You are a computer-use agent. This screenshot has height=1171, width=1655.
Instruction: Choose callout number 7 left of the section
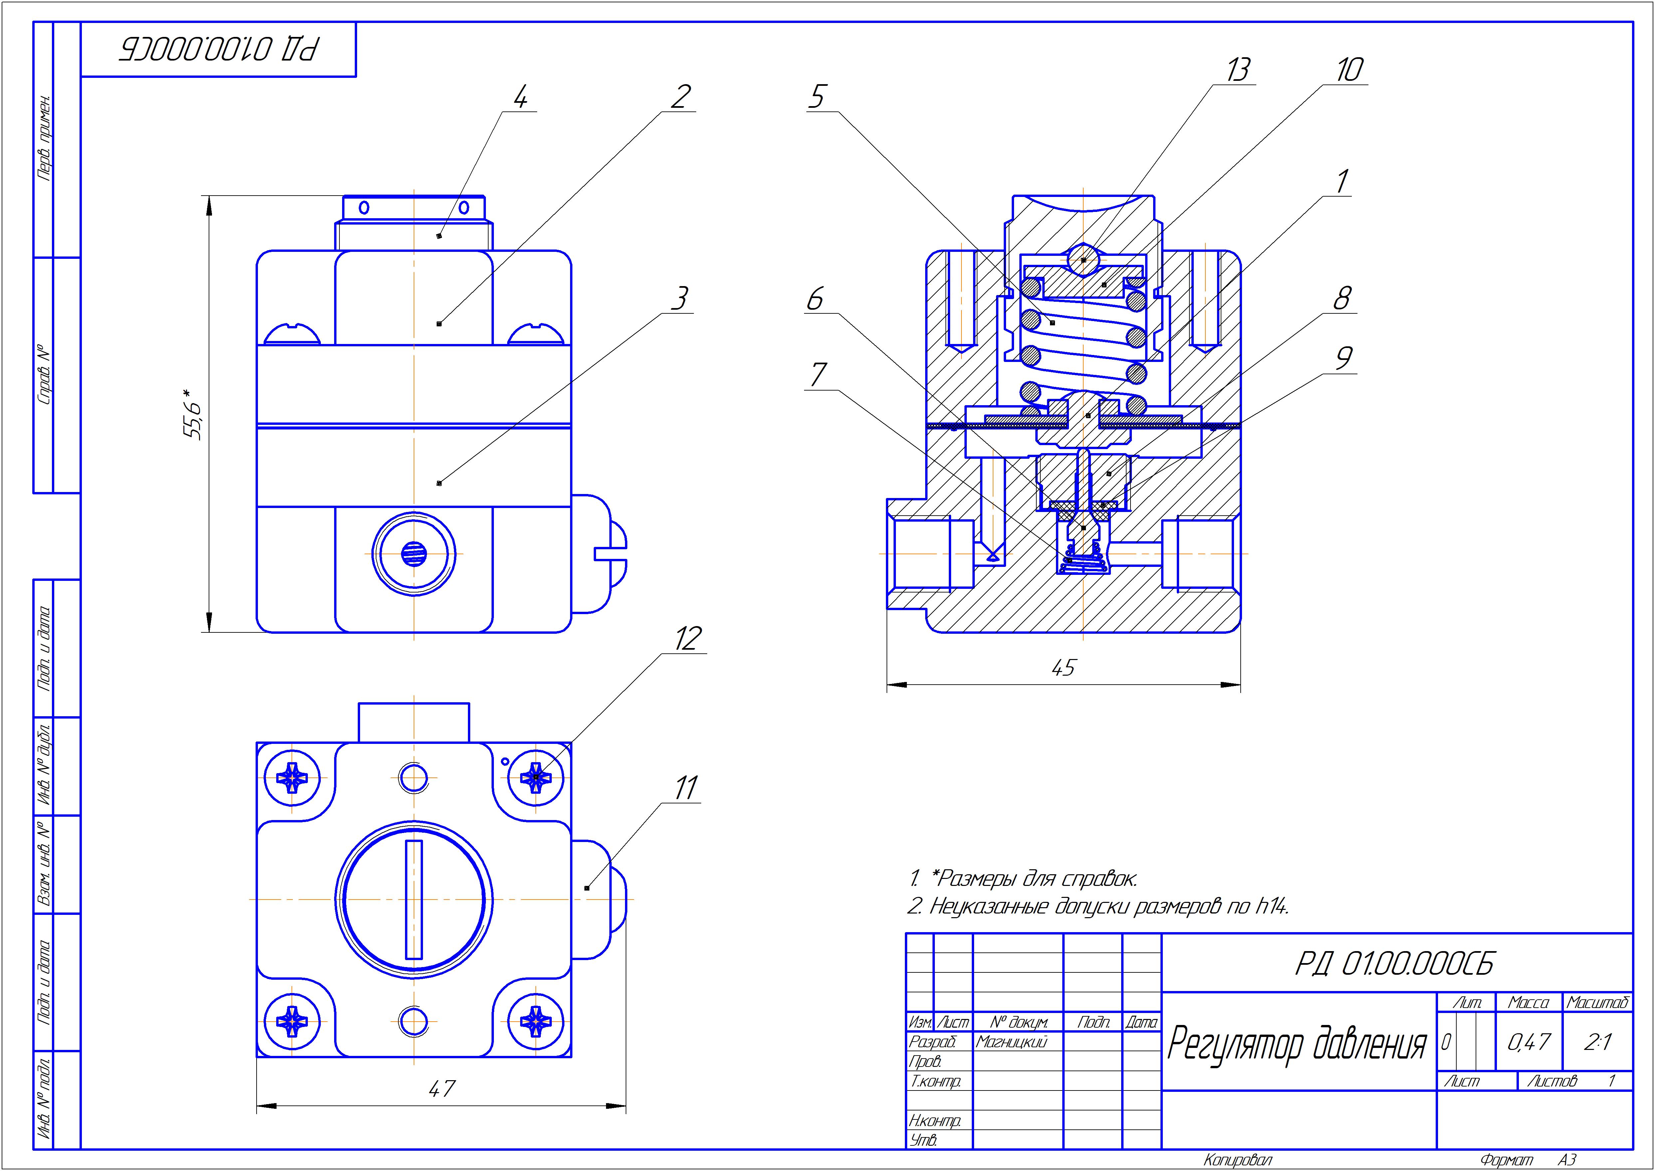(817, 375)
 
